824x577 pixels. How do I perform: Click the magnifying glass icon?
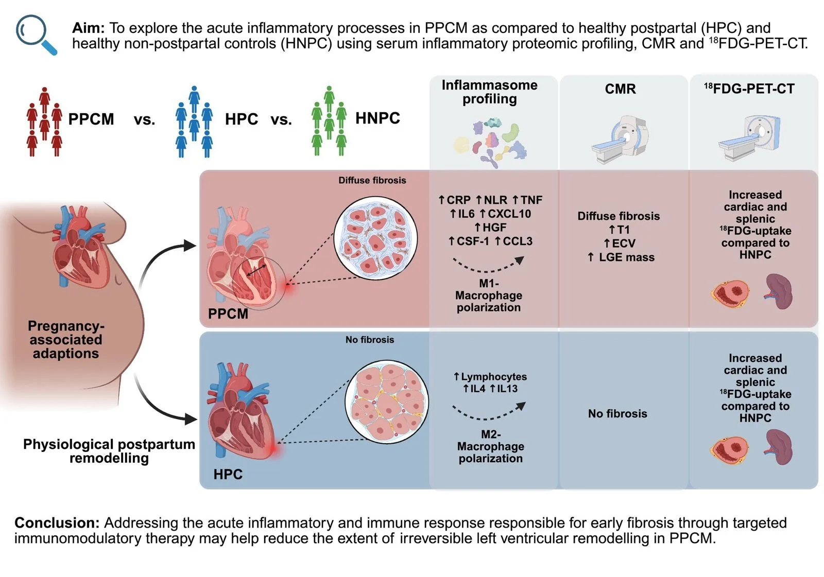(x=35, y=33)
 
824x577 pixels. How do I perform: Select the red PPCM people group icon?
(x=44, y=122)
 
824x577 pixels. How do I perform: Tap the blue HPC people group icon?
(x=194, y=122)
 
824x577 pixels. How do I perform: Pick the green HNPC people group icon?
(x=329, y=121)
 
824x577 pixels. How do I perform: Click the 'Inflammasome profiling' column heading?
(x=489, y=92)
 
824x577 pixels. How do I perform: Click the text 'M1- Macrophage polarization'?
(x=489, y=295)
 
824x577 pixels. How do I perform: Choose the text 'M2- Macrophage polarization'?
(x=490, y=446)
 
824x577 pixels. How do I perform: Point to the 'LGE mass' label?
(x=626, y=257)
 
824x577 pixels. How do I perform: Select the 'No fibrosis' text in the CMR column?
(x=617, y=413)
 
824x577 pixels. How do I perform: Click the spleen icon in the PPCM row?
(x=779, y=291)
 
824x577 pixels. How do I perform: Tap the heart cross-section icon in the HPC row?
(x=729, y=449)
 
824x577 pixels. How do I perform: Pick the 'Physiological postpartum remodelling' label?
(x=109, y=451)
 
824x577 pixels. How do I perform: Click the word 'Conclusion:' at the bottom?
(x=57, y=522)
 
